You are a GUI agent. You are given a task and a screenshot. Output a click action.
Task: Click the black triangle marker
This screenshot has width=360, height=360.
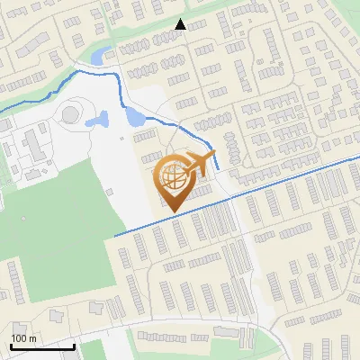coord(181,25)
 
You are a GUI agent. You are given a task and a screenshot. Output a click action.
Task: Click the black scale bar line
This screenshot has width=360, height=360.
coord(41,346)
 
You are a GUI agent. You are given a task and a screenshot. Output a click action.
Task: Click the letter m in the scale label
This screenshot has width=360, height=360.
coord(32,338)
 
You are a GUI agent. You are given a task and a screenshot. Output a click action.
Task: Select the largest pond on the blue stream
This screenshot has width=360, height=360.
coord(136,116)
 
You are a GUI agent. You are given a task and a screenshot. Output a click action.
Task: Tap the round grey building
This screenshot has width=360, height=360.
coord(69,114)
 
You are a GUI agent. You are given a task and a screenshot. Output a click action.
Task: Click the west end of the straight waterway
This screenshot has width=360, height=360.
coord(116,236)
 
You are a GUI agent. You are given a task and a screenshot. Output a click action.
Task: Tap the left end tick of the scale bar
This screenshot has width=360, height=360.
coord(10,345)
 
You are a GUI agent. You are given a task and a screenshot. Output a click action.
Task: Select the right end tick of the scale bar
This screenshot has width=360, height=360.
coord(74,345)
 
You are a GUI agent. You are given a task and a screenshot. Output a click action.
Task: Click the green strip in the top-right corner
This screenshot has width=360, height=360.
coord(346,11)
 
